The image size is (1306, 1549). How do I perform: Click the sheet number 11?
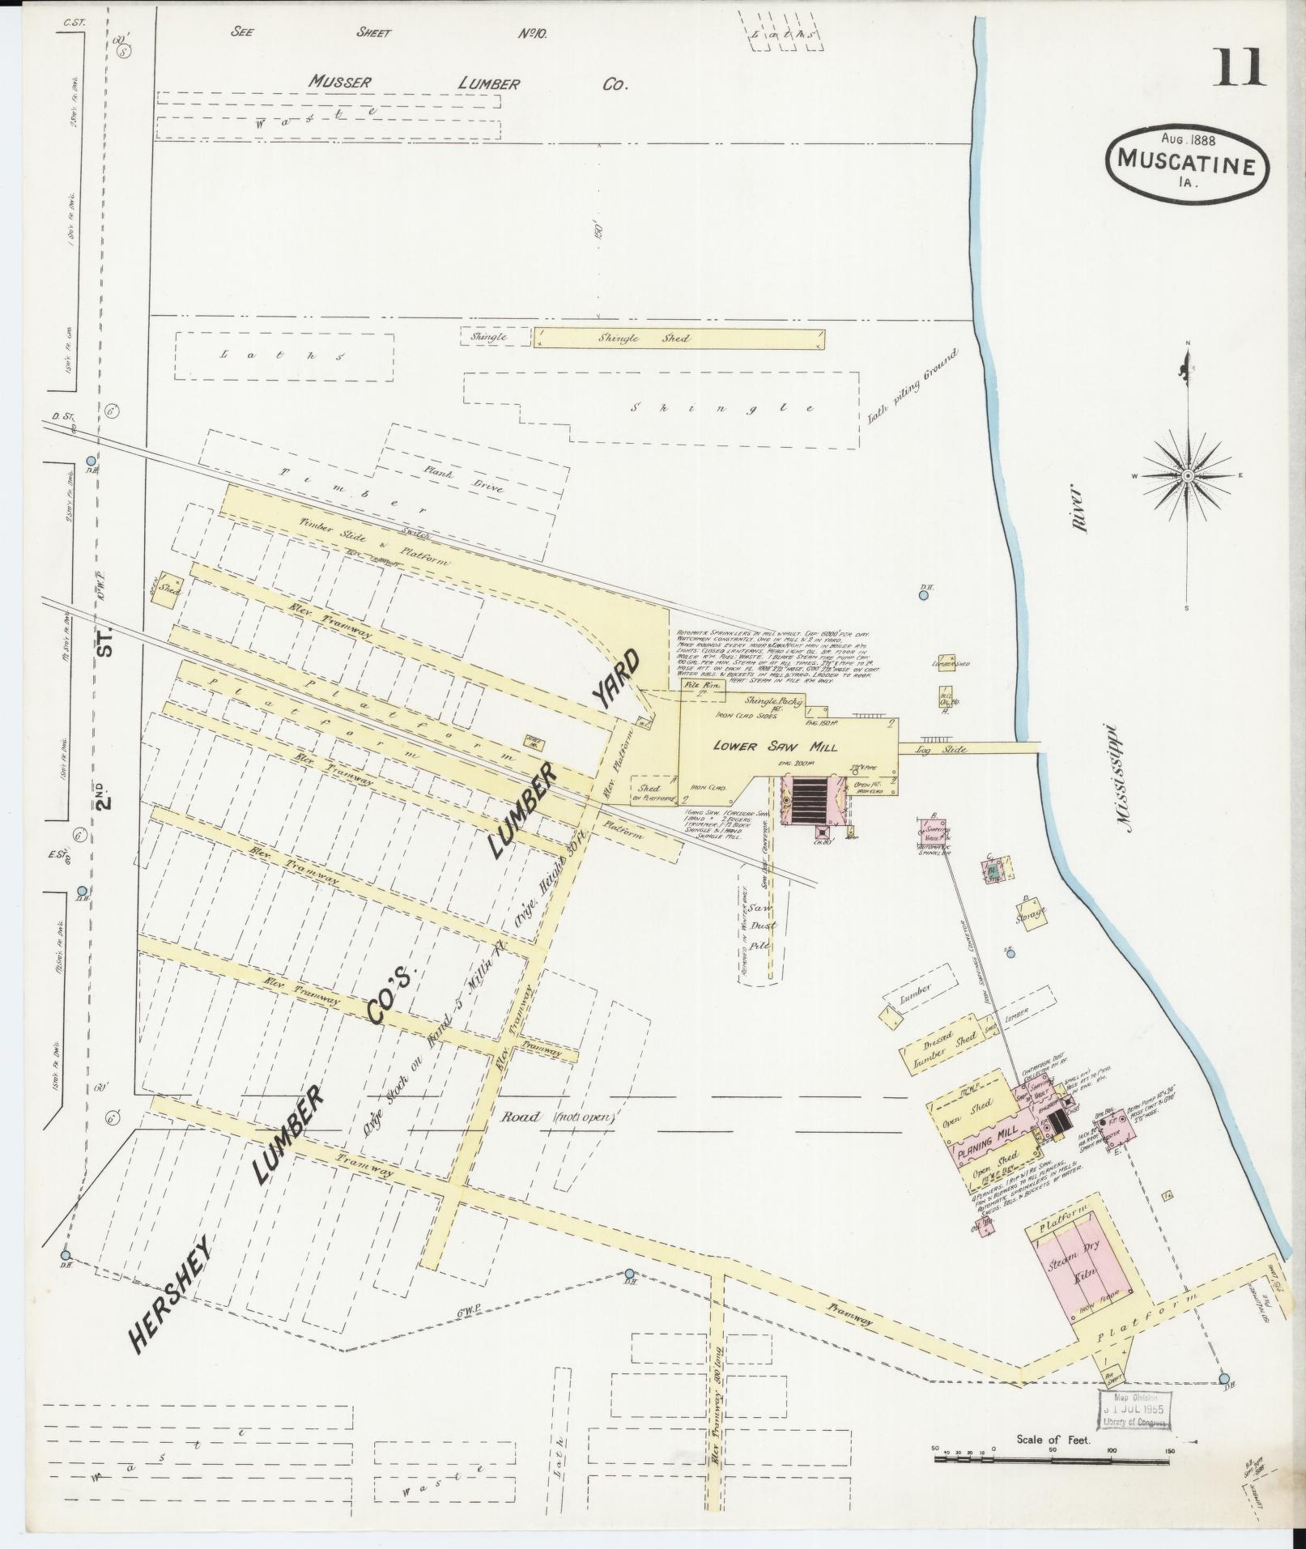[x=1238, y=67]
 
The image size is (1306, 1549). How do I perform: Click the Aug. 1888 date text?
[x=1187, y=138]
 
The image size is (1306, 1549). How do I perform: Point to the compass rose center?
[x=1187, y=475]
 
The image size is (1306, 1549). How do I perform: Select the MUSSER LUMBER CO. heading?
[x=468, y=83]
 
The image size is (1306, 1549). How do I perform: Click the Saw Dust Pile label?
[x=762, y=926]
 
